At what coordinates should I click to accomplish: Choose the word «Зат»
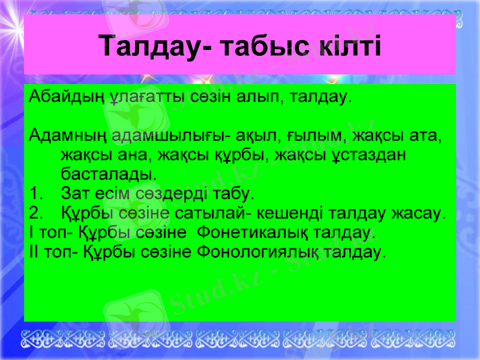(75, 194)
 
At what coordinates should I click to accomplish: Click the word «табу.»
(234, 194)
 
